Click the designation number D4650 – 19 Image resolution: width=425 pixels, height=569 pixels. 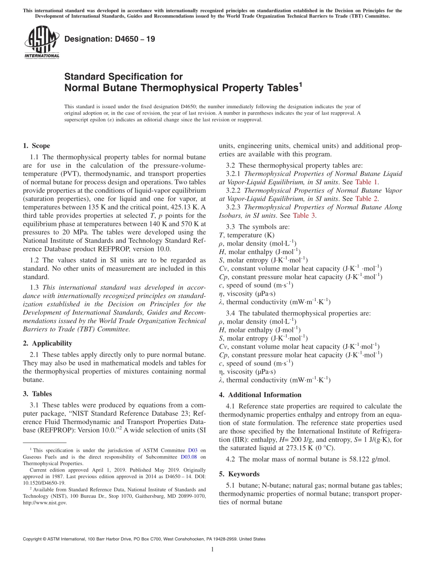[110, 39]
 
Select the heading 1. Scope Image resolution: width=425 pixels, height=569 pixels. [36, 146]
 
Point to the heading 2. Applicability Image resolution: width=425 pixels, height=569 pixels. [47, 343]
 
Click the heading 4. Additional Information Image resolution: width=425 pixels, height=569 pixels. [260, 395]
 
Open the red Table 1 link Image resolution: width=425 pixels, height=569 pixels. [366, 182]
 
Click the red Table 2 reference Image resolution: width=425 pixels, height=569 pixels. [366, 199]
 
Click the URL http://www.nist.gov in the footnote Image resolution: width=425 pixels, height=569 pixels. [45, 503]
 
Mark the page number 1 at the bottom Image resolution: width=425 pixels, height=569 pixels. [212, 549]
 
